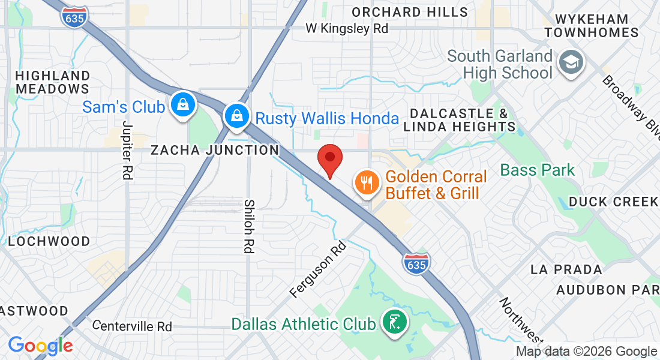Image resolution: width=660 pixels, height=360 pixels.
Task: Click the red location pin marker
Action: (x=329, y=159)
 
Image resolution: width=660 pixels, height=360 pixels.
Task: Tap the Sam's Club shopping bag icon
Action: (x=181, y=106)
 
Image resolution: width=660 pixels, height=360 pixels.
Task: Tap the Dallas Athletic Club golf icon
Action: (x=394, y=323)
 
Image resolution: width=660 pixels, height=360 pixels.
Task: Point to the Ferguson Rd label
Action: (x=319, y=270)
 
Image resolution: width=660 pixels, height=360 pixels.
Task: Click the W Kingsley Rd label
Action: (x=346, y=28)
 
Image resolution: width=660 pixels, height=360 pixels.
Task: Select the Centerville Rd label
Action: (x=133, y=326)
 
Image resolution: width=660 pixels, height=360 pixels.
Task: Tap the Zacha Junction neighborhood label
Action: (x=214, y=150)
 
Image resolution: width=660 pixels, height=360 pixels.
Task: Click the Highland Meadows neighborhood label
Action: (x=53, y=82)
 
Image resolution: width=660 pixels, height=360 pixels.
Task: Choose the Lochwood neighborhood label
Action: (x=49, y=241)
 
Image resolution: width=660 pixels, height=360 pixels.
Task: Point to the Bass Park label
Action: (x=538, y=170)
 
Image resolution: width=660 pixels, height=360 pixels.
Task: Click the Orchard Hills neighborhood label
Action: (x=410, y=12)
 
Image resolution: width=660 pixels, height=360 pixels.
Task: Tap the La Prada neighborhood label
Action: (x=566, y=269)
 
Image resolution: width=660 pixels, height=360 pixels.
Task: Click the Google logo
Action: (x=40, y=346)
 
